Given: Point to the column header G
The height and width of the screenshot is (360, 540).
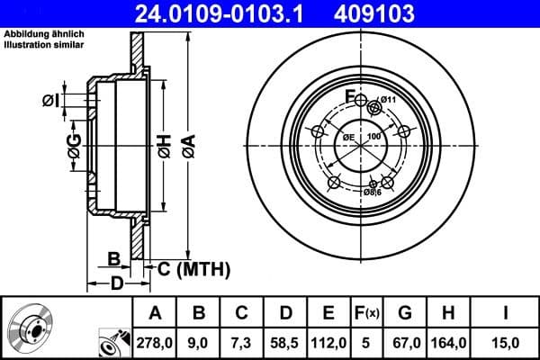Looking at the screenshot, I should [x=405, y=313].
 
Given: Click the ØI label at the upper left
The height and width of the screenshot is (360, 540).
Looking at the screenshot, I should [x=51, y=100].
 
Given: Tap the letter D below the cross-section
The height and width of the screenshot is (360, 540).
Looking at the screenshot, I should [x=116, y=285].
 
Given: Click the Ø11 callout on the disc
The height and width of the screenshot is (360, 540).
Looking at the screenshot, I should [x=389, y=99].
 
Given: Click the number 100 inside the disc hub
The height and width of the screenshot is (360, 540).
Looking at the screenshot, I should [x=374, y=135].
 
